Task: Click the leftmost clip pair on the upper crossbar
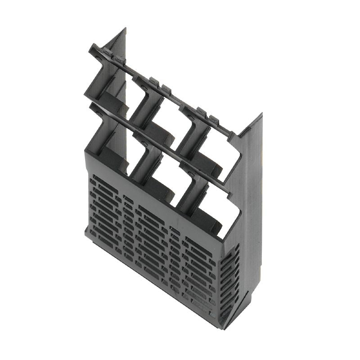tap(110, 56)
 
